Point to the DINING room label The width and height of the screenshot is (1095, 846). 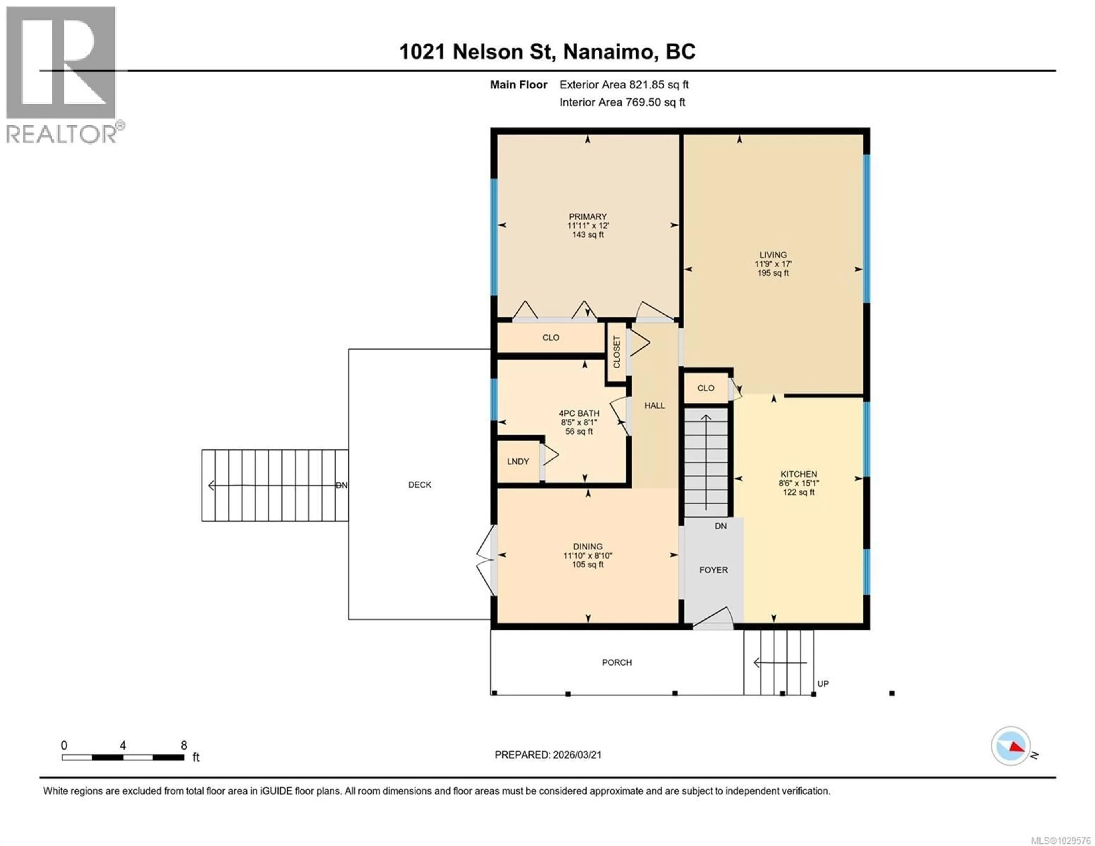point(588,547)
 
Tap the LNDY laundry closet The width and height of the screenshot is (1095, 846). point(518,461)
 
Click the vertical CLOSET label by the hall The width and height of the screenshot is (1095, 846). point(617,352)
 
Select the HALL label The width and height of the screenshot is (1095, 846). point(654,405)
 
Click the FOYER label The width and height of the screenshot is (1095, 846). point(713,570)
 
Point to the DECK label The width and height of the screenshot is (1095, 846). point(420,485)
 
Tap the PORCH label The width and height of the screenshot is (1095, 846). point(617,662)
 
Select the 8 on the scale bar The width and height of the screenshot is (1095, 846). point(184,746)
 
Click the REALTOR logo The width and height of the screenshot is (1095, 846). point(63,75)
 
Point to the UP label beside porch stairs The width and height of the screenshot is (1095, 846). point(823,684)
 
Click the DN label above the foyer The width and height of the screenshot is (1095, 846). point(721,526)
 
